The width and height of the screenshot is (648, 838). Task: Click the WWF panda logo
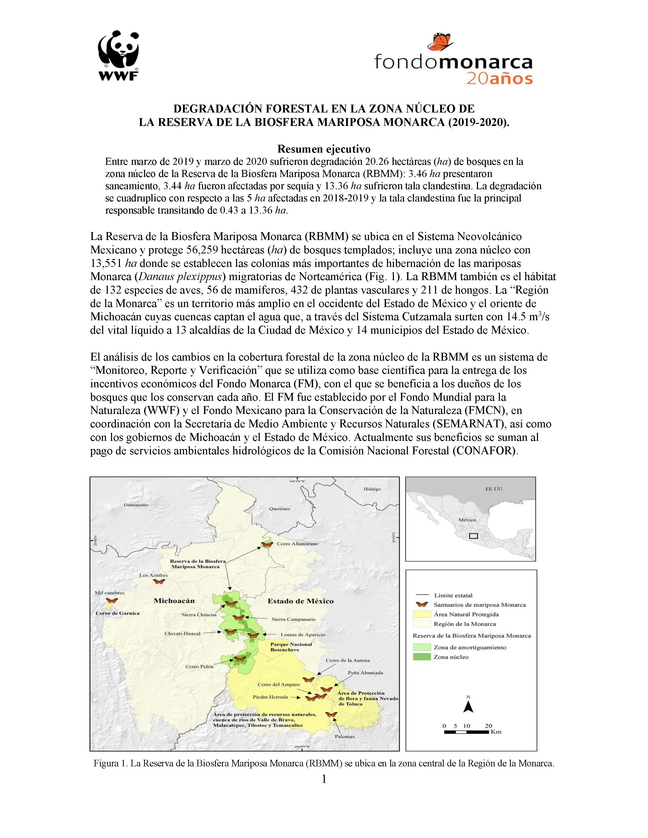(x=118, y=56)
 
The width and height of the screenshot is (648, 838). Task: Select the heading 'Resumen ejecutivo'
(x=323, y=149)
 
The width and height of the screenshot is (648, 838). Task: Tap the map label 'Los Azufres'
(x=153, y=575)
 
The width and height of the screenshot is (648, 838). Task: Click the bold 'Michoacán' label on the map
(x=174, y=601)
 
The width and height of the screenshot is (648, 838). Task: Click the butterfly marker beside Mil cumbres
(x=112, y=601)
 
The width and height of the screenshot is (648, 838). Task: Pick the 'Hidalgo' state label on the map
(x=372, y=489)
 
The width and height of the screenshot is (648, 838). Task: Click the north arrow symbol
(x=468, y=707)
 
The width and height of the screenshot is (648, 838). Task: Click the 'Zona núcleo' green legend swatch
(x=422, y=657)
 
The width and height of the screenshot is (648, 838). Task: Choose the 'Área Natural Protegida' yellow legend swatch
(x=422, y=614)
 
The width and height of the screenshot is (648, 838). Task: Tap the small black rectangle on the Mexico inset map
(x=473, y=536)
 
